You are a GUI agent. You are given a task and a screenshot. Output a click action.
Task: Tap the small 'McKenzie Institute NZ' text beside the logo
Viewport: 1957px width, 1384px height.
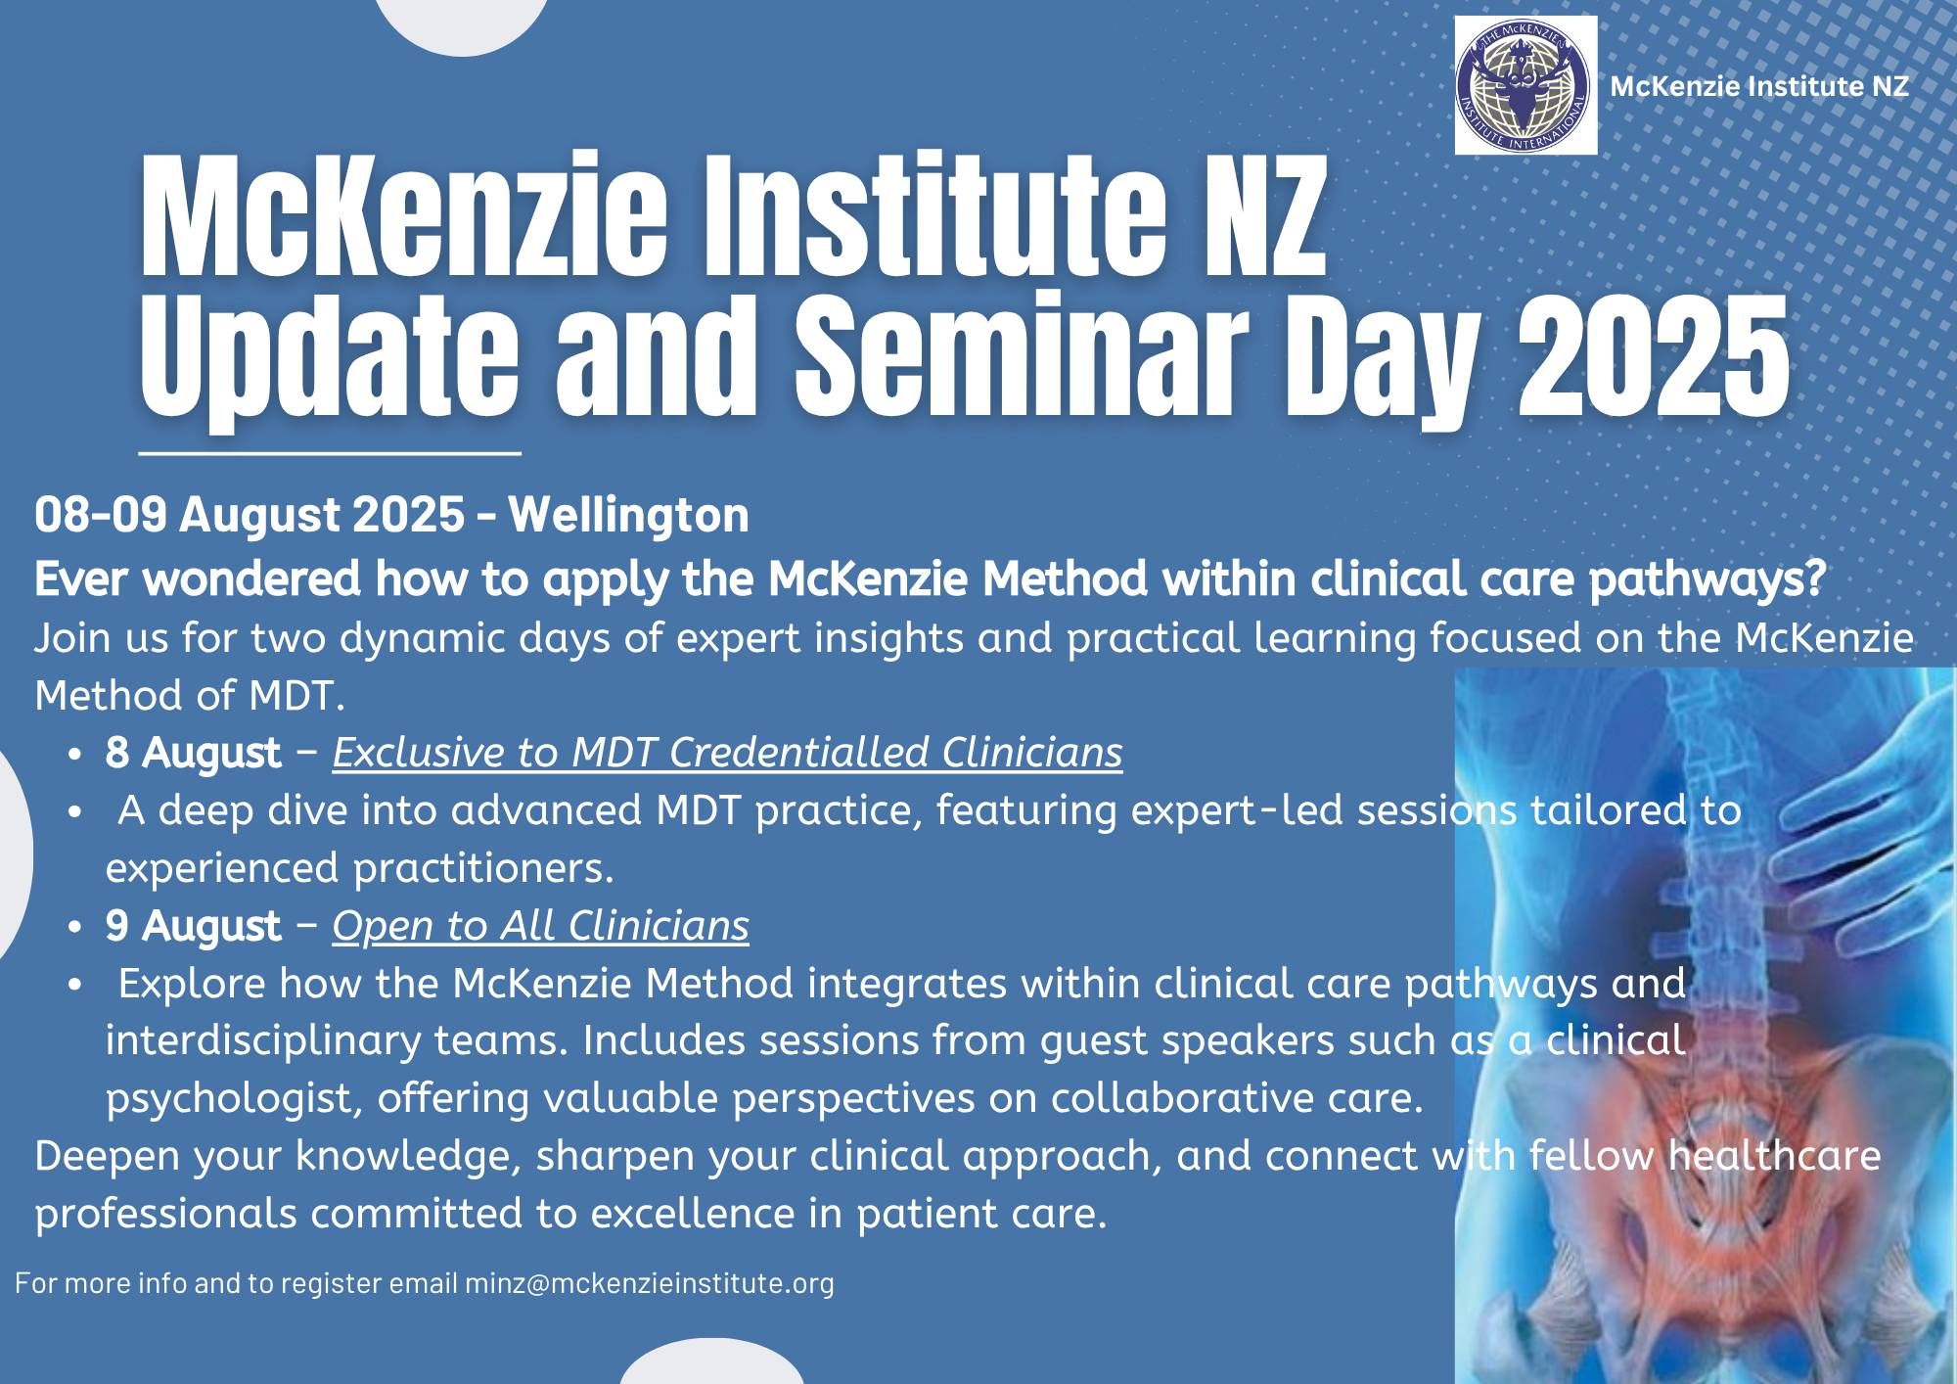click(1759, 86)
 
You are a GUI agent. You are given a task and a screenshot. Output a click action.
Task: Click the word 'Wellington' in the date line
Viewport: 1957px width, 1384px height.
click(628, 515)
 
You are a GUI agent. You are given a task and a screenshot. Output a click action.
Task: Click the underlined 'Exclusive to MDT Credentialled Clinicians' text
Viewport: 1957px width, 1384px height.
click(727, 753)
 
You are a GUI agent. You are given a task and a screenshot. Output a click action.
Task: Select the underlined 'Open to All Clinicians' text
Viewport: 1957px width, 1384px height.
click(540, 926)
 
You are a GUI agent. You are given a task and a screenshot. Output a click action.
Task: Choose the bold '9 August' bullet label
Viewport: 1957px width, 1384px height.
click(194, 927)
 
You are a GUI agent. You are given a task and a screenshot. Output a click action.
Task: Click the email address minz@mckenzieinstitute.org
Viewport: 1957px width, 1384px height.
click(650, 1283)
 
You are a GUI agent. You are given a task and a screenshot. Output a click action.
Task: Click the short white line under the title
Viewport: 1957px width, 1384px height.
click(330, 453)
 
